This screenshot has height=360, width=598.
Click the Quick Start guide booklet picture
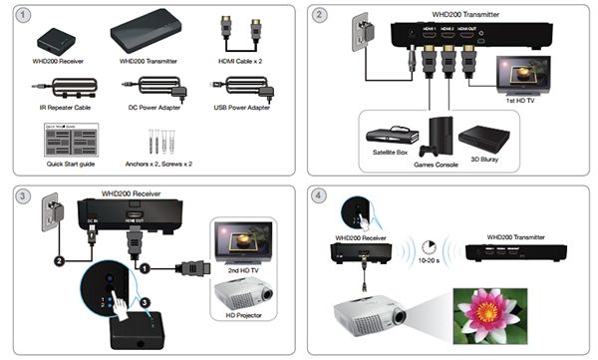[62, 138]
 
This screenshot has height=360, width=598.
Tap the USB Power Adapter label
[243, 104]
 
